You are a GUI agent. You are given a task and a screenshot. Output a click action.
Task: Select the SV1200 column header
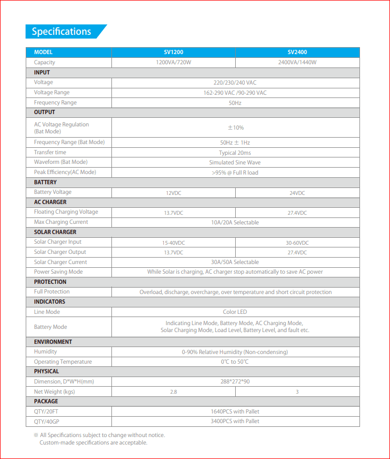[x=173, y=52]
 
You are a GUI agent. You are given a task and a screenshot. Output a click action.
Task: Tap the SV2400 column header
[x=297, y=52]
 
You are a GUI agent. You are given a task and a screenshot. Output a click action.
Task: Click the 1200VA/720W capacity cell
[x=173, y=63]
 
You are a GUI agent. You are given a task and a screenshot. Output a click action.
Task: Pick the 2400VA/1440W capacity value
[x=297, y=63]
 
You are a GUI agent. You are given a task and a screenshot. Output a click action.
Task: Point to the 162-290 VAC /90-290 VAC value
[x=235, y=93]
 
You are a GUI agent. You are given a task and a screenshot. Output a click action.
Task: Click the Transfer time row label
[x=50, y=153]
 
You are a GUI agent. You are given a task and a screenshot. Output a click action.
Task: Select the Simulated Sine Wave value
[x=235, y=162]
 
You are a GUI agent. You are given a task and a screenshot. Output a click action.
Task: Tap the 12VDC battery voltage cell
[x=173, y=193]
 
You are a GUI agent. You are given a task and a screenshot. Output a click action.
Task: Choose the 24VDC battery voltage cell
[x=297, y=193]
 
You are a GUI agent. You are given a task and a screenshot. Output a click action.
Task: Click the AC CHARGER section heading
[x=50, y=202]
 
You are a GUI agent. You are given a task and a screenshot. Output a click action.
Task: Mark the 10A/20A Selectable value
[x=235, y=222]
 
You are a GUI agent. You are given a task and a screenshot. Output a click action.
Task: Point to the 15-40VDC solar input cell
[x=173, y=243]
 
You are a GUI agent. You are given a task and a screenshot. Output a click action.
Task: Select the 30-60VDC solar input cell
[x=297, y=243]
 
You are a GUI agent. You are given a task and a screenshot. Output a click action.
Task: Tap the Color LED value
[x=235, y=312]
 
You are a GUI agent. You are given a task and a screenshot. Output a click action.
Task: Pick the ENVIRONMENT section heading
[x=53, y=342]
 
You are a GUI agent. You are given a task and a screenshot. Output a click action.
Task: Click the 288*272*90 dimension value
[x=235, y=382]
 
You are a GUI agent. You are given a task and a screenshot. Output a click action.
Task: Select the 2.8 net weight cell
[x=173, y=392]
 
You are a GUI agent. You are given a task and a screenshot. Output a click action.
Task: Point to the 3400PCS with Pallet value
[x=235, y=422]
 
